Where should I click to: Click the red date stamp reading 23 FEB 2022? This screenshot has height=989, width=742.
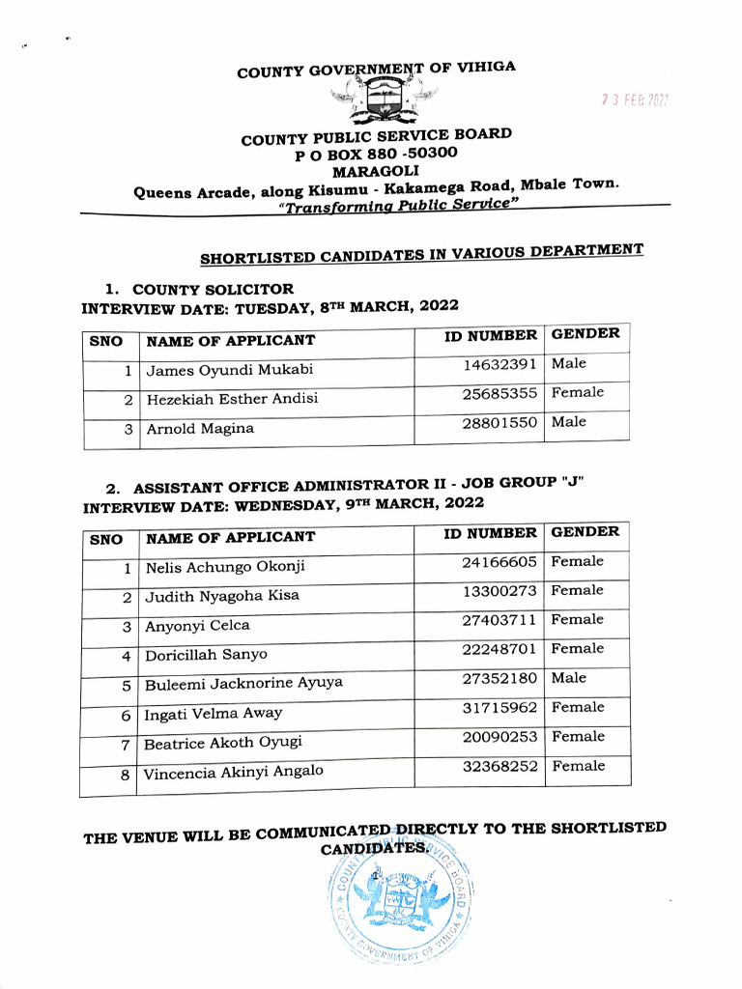[635, 99]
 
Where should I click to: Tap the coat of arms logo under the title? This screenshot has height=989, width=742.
[384, 99]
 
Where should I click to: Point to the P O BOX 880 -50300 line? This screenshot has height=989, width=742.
[376, 154]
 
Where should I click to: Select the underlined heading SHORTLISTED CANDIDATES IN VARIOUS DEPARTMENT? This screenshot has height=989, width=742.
[421, 254]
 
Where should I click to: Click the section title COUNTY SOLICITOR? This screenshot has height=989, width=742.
[213, 289]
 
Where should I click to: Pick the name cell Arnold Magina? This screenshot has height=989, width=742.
[200, 429]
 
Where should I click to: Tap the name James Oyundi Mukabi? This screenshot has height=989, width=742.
[229, 370]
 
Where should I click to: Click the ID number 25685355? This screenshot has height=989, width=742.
[499, 394]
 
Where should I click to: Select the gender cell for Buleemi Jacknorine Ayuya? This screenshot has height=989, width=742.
[569, 678]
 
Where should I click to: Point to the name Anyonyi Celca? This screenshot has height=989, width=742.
[197, 626]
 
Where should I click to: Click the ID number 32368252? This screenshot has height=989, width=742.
[499, 766]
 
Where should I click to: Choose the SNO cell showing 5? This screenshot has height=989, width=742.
[126, 686]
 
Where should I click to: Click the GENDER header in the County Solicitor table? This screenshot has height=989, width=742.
[585, 334]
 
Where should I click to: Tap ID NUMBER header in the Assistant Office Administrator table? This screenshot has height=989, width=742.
[490, 533]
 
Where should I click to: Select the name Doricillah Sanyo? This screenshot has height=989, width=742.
[206, 655]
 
